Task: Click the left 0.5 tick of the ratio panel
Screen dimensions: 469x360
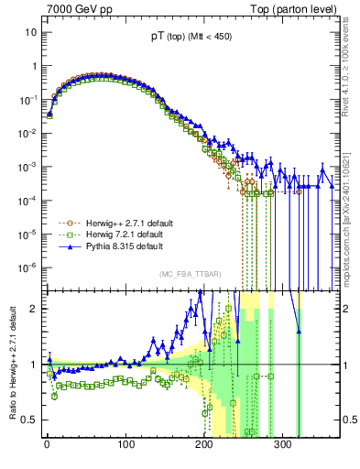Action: click(28, 420)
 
